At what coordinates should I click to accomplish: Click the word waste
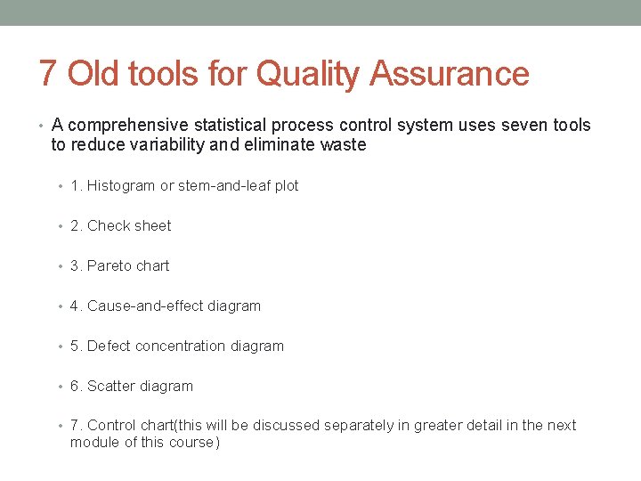tap(343, 145)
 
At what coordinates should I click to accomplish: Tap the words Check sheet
tap(129, 226)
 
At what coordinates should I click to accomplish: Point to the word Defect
tap(110, 346)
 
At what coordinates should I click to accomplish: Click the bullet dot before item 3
tap(61, 266)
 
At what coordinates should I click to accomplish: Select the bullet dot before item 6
tap(61, 387)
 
